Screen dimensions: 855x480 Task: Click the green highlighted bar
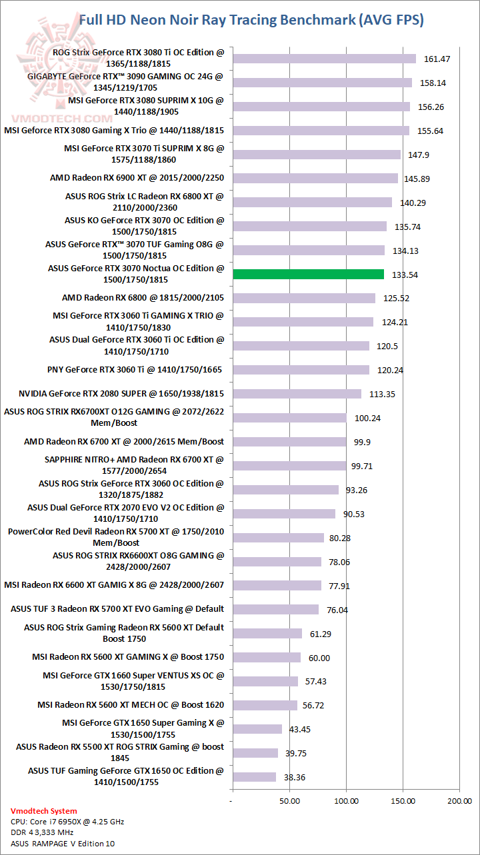308,274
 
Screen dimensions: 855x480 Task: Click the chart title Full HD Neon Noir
251,20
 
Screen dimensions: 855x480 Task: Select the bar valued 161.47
324,59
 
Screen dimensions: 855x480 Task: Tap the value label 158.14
435,83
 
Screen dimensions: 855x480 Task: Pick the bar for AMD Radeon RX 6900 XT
315,178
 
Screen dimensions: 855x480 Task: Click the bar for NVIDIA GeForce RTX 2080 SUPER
297,394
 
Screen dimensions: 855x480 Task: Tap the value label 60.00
319,658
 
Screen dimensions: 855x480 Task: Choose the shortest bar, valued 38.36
254,777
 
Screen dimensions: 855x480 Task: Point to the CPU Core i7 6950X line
67,822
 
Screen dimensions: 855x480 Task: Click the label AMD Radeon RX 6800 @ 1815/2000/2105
143,297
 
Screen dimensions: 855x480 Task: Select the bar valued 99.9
289,442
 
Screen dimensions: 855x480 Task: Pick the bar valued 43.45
257,729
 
